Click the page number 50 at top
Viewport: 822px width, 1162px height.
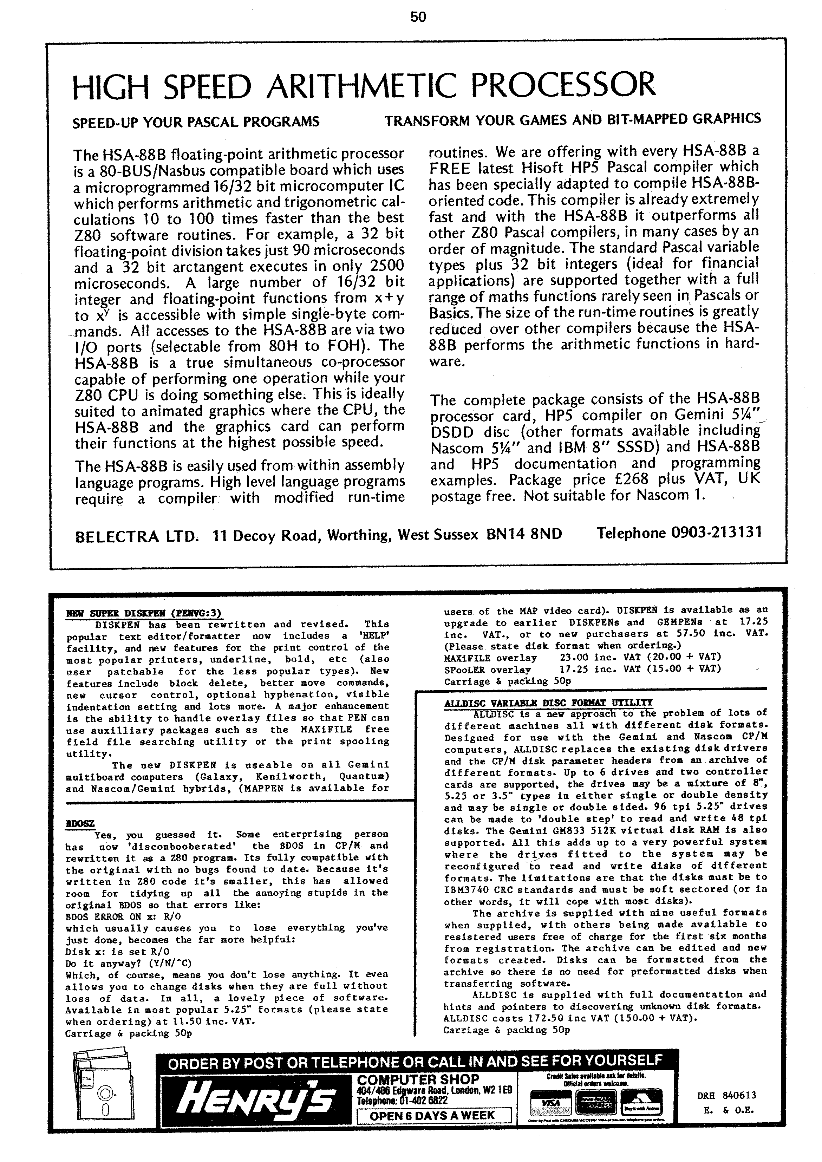(418, 17)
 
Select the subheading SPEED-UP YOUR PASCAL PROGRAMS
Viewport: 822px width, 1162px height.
(196, 122)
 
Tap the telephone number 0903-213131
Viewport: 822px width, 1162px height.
(716, 533)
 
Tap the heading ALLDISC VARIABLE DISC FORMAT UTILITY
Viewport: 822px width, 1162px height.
(548, 703)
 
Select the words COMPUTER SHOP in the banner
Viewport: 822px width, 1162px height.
(418, 1079)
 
